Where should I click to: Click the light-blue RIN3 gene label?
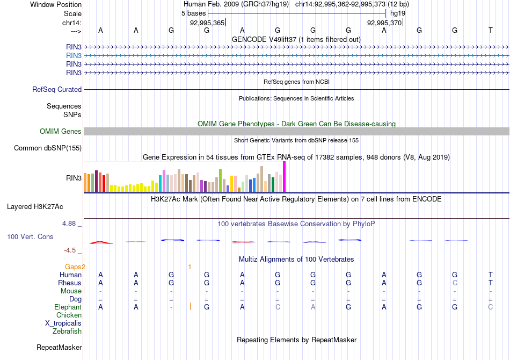click(74, 55)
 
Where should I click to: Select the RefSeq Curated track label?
click(57, 90)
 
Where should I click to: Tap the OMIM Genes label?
click(61, 132)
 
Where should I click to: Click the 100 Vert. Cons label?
click(30, 236)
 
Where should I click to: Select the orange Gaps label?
click(75, 267)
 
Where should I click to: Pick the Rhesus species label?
click(70, 283)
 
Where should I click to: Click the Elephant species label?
click(68, 307)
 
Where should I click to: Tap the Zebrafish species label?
click(67, 332)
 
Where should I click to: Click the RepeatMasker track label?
click(59, 348)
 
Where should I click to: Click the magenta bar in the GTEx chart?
click(284, 176)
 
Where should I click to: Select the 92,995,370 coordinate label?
click(384, 23)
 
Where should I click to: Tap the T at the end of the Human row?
click(490, 275)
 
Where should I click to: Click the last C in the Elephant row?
click(490, 307)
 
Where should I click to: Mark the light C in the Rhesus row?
click(455, 283)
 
